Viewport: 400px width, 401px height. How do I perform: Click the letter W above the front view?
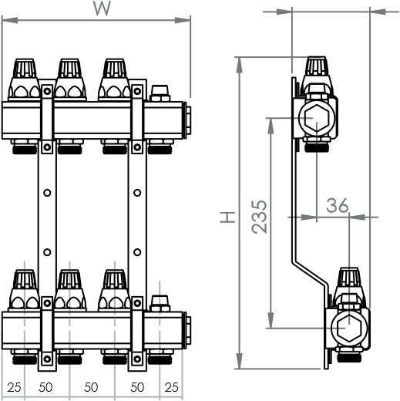click(x=102, y=8)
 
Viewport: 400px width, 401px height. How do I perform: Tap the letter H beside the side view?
click(x=228, y=217)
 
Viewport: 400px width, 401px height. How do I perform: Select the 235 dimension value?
click(x=259, y=217)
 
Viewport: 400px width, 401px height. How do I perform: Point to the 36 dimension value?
click(x=338, y=205)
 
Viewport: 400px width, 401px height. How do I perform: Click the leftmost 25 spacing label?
click(x=14, y=387)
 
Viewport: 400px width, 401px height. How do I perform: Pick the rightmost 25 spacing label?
click(x=171, y=387)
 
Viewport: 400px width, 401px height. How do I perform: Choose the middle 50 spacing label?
click(x=91, y=387)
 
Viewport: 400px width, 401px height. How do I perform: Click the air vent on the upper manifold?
click(x=160, y=93)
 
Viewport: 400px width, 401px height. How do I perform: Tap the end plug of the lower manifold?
click(x=187, y=331)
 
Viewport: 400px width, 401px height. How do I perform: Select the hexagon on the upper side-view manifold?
click(x=317, y=118)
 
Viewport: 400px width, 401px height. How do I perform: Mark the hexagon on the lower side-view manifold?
click(x=349, y=329)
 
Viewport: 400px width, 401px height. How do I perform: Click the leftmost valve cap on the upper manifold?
click(x=25, y=79)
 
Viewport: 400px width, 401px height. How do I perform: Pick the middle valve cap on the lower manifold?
click(x=69, y=290)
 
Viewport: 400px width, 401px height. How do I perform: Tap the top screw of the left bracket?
click(x=47, y=91)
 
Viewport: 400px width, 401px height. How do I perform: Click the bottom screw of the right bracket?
click(x=137, y=359)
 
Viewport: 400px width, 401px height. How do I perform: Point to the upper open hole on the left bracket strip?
click(x=47, y=193)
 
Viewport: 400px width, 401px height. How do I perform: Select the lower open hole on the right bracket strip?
click(x=137, y=252)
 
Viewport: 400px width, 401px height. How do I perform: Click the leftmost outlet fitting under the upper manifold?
click(x=25, y=147)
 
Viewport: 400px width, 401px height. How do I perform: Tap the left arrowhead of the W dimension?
click(x=10, y=20)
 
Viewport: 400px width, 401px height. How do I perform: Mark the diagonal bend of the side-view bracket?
click(x=311, y=275)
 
